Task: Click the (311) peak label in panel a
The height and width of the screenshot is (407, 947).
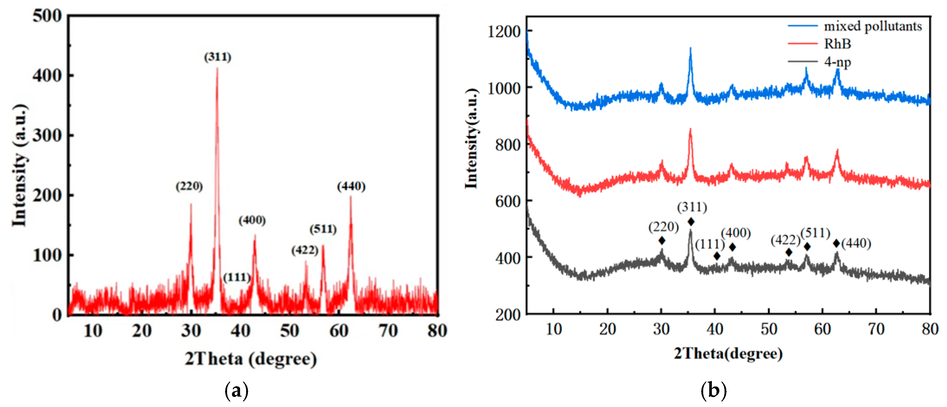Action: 218,57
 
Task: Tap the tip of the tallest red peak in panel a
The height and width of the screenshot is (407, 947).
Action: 217,68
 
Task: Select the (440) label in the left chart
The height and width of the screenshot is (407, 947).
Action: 351,186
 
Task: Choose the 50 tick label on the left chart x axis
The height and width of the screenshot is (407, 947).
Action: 289,331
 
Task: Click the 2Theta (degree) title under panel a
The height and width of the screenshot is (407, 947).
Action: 251,359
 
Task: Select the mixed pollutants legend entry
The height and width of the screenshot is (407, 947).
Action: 873,26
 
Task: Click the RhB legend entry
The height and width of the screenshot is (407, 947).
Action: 837,44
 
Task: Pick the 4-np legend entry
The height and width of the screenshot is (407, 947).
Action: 837,61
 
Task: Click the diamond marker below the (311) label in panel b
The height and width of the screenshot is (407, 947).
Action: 691,222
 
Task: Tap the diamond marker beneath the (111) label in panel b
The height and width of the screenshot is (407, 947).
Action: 717,256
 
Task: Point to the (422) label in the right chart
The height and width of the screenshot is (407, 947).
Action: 785,240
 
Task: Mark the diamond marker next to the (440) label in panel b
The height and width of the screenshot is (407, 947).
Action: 836,243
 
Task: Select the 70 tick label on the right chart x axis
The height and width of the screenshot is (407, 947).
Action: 876,329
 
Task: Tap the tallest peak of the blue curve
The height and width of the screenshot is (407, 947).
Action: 690,48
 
